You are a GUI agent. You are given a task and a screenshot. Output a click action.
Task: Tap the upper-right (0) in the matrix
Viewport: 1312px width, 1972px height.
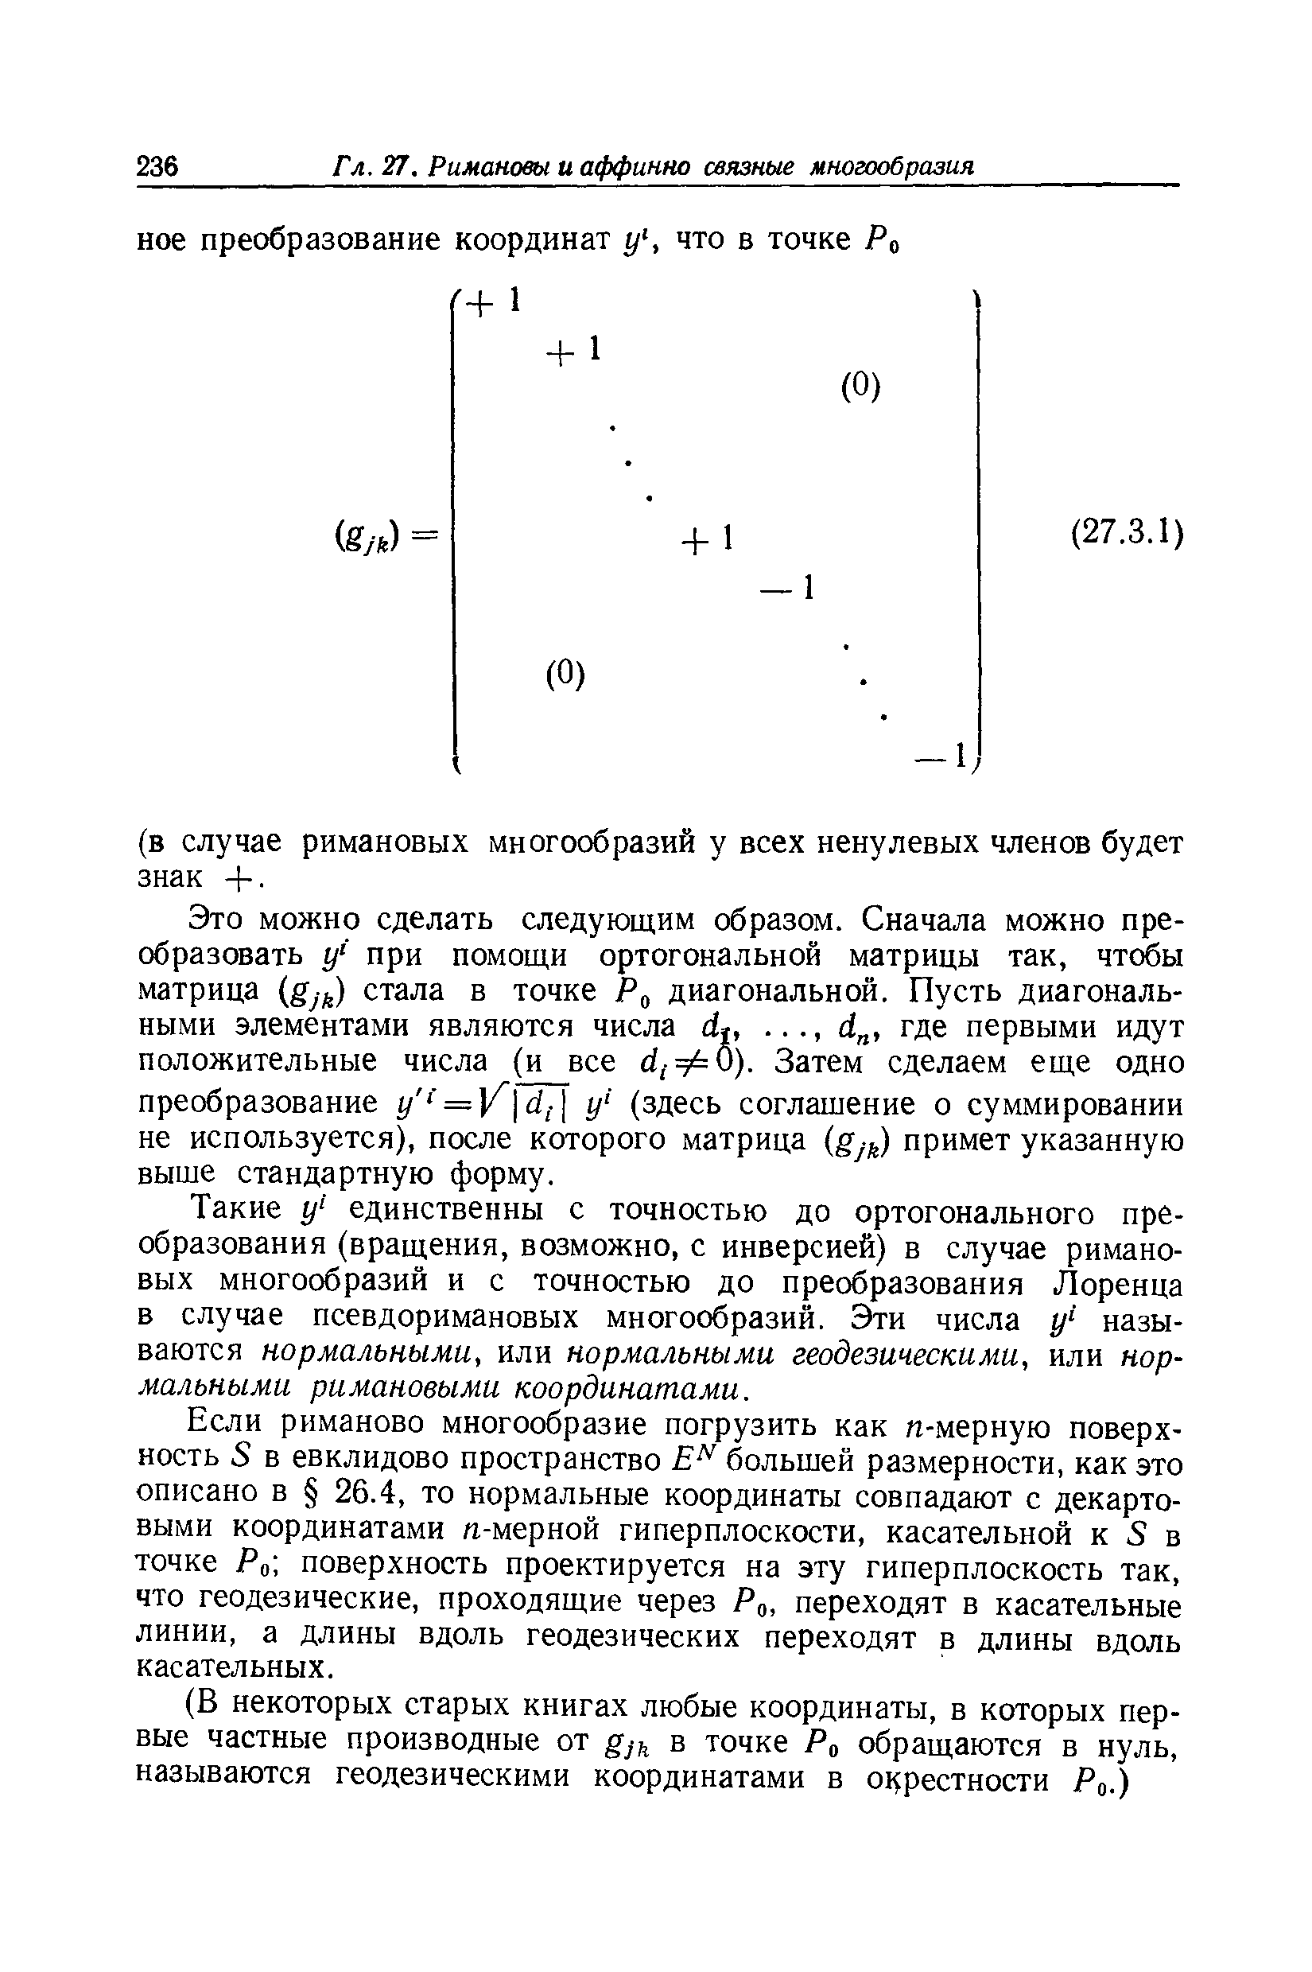pyautogui.click(x=861, y=387)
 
